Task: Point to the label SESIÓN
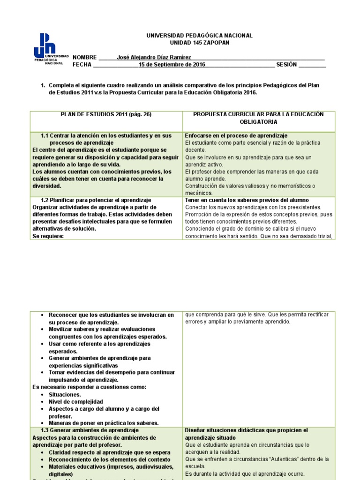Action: [286, 65]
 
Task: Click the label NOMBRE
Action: [85, 57]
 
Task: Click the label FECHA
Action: [82, 65]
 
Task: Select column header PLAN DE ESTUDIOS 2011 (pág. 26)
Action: [106, 114]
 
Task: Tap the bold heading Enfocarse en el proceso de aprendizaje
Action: [236, 135]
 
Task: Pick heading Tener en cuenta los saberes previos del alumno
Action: [247, 200]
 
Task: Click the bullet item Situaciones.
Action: [65, 395]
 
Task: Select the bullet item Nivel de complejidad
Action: [75, 402]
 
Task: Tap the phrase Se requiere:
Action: [48, 236]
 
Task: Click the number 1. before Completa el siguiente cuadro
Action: [43, 85]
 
